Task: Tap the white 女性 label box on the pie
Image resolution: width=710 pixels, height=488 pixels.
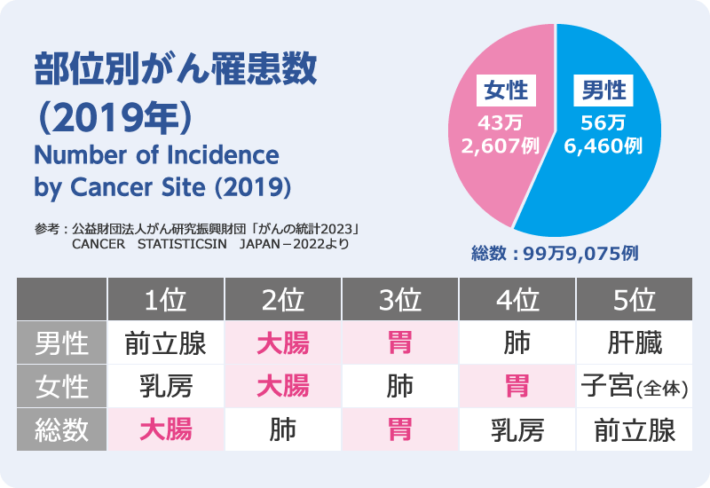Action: (x=504, y=91)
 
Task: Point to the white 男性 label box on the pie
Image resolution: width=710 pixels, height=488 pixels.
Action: (x=603, y=91)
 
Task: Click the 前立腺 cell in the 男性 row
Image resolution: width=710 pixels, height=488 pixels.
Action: (x=165, y=342)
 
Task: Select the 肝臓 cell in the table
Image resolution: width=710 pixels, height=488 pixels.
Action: (x=635, y=342)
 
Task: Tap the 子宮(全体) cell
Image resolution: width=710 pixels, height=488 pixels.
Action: (x=635, y=387)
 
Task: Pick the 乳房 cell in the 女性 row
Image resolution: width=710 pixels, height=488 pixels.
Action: (x=165, y=387)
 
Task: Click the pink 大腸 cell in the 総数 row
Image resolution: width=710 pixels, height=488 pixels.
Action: (x=165, y=431)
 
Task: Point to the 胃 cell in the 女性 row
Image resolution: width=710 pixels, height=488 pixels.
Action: (x=517, y=387)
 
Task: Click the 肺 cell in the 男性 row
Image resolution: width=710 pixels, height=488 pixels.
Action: (x=517, y=342)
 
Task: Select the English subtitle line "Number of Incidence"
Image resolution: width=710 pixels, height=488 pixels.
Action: (x=156, y=156)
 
